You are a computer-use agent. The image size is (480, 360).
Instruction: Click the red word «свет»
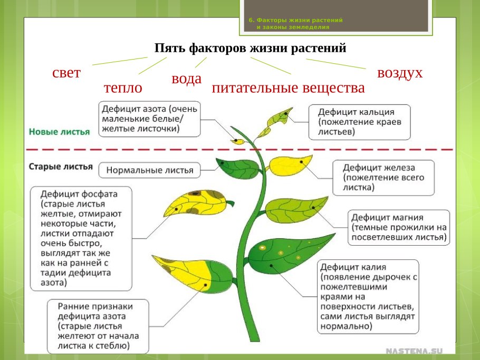click(x=66, y=73)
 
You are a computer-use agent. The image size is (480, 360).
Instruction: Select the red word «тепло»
click(x=123, y=87)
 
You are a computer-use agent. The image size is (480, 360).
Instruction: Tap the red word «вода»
click(x=186, y=79)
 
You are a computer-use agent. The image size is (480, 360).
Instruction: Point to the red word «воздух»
click(x=400, y=73)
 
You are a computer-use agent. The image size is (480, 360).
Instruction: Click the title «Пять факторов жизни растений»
click(x=250, y=48)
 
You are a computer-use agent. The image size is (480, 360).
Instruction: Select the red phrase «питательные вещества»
click(x=288, y=88)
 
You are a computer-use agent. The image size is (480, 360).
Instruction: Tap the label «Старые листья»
click(x=61, y=167)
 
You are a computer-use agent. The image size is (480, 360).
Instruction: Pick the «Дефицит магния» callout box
click(x=399, y=227)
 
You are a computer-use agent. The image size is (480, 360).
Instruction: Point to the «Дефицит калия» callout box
click(x=368, y=296)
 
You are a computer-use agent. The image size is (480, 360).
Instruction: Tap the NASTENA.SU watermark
click(x=414, y=351)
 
